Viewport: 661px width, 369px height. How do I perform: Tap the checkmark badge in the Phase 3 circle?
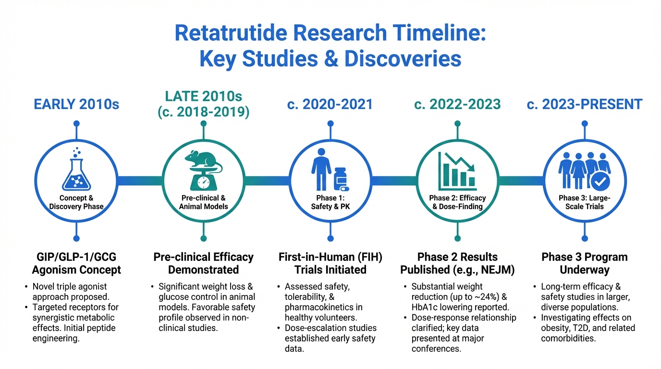click(x=600, y=182)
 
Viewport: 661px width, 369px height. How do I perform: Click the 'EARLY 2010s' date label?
click(x=76, y=104)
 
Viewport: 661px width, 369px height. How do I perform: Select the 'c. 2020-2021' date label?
click(x=330, y=104)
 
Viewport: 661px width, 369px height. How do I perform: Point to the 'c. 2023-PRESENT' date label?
click(x=585, y=104)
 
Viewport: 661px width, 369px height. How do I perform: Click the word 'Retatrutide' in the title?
click(x=231, y=33)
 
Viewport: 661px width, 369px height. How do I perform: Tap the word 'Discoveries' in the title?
click(x=403, y=59)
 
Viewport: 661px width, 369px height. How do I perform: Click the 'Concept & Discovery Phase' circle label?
click(x=76, y=202)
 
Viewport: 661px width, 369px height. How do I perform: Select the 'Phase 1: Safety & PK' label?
click(x=330, y=202)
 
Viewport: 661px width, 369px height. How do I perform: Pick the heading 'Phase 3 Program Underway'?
click(x=585, y=263)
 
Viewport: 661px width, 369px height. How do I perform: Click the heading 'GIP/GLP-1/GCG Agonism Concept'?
click(x=76, y=263)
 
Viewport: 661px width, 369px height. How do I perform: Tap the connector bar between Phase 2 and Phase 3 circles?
click(x=521, y=181)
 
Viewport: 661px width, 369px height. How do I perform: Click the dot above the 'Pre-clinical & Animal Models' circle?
click(x=204, y=123)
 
